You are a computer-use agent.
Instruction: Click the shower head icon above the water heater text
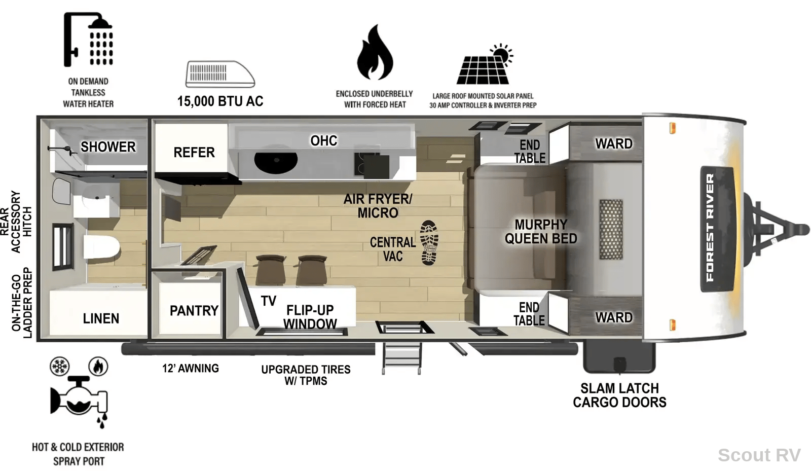(88, 40)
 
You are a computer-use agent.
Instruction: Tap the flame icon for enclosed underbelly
(375, 53)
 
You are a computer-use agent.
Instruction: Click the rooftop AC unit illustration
(220, 74)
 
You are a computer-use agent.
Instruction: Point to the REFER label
(194, 153)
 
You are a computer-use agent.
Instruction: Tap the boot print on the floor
(429, 242)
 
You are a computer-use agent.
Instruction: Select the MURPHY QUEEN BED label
(541, 232)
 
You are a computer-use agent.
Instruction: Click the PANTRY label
(194, 311)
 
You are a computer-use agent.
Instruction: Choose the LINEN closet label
(101, 318)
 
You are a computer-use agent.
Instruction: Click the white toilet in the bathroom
(101, 247)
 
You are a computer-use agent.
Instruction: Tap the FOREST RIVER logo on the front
(710, 228)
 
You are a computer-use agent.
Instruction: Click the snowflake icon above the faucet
(60, 366)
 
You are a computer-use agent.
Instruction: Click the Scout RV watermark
(759, 455)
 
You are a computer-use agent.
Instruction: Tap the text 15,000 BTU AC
(220, 101)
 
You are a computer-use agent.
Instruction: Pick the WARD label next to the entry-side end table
(614, 317)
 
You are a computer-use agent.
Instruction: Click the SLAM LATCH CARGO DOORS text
(619, 395)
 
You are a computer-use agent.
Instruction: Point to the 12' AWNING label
(191, 368)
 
